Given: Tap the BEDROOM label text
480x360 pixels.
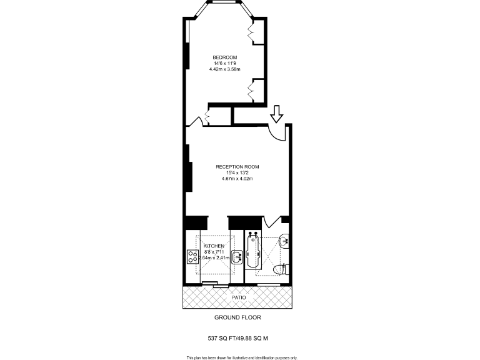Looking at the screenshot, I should point(225,57).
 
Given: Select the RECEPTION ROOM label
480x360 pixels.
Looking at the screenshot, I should point(237,167).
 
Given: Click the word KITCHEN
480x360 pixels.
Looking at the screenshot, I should point(214,246).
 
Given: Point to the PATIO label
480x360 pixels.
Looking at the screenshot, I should point(239,297).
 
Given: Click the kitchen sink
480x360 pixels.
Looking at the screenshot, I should point(236,257).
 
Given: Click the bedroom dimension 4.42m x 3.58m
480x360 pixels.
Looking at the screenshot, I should point(225,69).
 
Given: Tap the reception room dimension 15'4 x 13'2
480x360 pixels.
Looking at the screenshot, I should point(237,172).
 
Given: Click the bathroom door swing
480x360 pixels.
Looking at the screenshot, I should point(272,222).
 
